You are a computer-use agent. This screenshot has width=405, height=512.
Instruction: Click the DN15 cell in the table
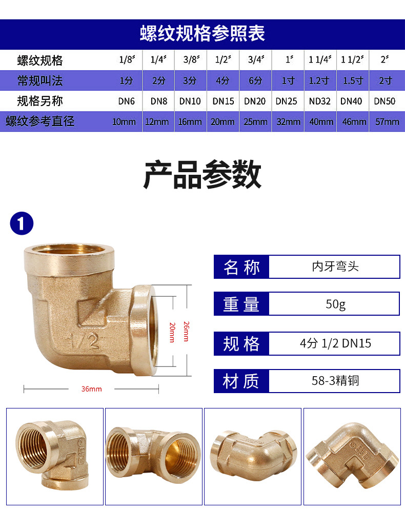point(223,101)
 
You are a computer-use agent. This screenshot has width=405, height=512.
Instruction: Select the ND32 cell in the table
point(320,101)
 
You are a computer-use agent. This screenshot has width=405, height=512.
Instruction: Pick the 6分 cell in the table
point(255,80)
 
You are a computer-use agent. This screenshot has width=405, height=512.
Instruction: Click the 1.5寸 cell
point(353,80)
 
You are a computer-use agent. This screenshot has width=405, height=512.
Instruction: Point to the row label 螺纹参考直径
point(40,121)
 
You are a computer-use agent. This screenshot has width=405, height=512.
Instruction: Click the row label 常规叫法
point(40,80)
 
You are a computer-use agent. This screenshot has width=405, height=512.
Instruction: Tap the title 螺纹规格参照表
point(202,34)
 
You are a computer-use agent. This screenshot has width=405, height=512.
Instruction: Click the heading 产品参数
point(202,175)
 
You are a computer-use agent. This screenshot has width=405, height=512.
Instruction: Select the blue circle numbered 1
point(22,224)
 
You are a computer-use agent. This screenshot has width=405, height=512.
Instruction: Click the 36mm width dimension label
point(91,389)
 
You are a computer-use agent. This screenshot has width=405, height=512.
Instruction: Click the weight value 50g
point(335,304)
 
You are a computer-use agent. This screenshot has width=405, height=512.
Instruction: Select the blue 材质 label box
point(241,381)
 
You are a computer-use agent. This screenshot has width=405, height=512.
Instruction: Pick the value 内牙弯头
point(335,267)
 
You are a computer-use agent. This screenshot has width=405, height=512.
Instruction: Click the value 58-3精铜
point(335,381)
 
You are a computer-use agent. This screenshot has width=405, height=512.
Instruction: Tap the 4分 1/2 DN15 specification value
point(335,343)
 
